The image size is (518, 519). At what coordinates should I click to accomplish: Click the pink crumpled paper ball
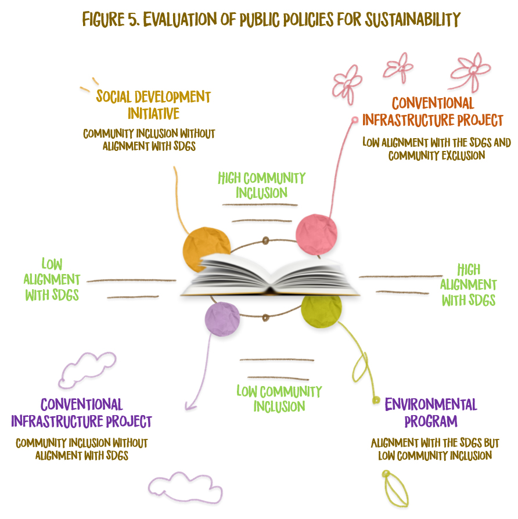tap(316, 234)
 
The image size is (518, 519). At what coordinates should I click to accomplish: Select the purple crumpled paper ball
tap(222, 319)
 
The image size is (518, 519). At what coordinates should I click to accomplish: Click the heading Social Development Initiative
tap(153, 104)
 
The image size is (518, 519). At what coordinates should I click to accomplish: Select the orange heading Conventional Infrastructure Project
tap(433, 111)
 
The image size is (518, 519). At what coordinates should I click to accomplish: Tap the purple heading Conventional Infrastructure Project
tap(81, 412)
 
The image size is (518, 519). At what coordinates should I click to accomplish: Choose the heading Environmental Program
tap(431, 412)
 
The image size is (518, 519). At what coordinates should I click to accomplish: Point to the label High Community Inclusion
tap(261, 185)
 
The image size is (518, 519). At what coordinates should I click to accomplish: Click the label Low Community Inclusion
tap(279, 399)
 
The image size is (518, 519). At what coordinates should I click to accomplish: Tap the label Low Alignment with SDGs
tap(52, 280)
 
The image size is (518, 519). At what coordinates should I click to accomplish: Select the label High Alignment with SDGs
tap(468, 284)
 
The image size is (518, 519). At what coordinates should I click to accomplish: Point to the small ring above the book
tap(266, 240)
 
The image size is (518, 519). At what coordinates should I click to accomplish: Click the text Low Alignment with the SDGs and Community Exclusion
tap(436, 148)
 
